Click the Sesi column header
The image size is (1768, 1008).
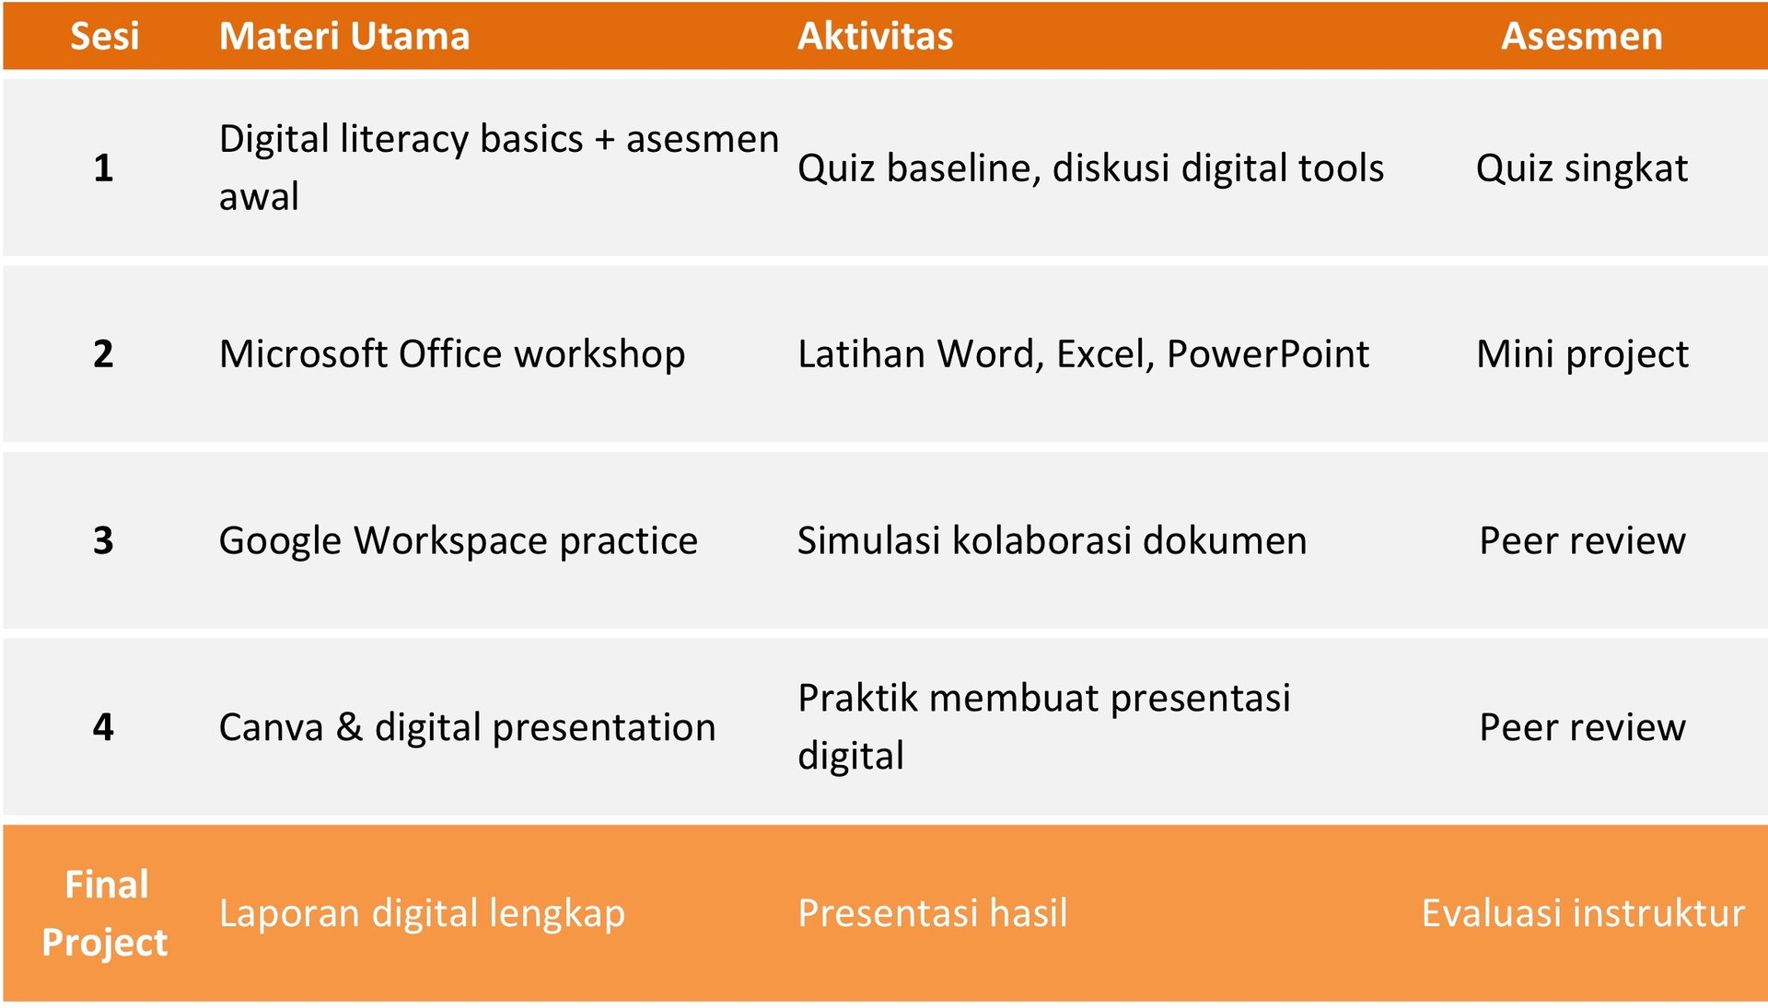pyautogui.click(x=105, y=36)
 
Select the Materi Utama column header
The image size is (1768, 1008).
pyautogui.click(x=344, y=36)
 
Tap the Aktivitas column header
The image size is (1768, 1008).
pyautogui.click(x=875, y=36)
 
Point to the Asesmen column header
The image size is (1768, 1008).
pyautogui.click(x=1582, y=36)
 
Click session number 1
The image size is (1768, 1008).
pyautogui.click(x=103, y=168)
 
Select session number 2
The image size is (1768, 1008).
pyautogui.click(x=103, y=353)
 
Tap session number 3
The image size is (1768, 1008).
pyautogui.click(x=103, y=540)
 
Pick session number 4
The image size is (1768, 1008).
pyautogui.click(x=103, y=727)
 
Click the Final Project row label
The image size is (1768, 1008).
pyautogui.click(x=105, y=913)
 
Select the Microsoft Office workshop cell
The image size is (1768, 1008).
pyautogui.click(x=452, y=353)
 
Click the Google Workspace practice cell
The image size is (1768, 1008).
pyautogui.click(x=459, y=540)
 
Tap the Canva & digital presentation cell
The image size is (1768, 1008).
pyautogui.click(x=468, y=727)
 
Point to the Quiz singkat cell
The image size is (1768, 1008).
pyautogui.click(x=1582, y=168)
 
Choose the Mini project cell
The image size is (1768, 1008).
pyautogui.click(x=1582, y=354)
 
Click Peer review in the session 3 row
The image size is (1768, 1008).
pyautogui.click(x=1582, y=540)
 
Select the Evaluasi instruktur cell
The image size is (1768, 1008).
pyautogui.click(x=1583, y=913)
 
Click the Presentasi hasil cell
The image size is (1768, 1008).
pyautogui.click(x=933, y=913)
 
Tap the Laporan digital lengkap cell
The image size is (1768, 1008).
pyautogui.click(x=422, y=913)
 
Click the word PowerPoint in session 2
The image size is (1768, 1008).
pyautogui.click(x=1268, y=353)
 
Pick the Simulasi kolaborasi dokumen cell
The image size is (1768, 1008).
pyautogui.click(x=1053, y=540)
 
